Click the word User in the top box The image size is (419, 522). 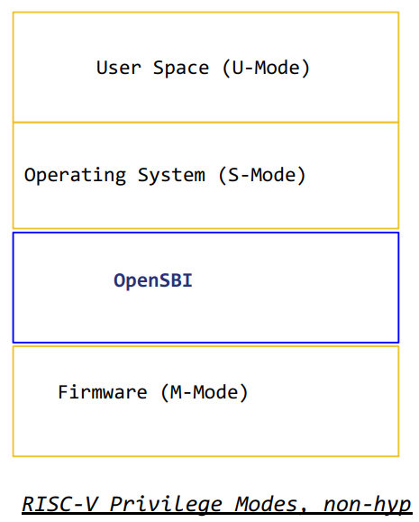click(119, 68)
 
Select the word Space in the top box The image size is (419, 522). click(181, 69)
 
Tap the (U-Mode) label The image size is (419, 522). click(266, 69)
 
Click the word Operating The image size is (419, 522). click(75, 176)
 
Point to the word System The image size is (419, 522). click(171, 176)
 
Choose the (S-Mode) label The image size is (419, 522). click(262, 175)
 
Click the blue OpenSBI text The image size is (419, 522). click(153, 280)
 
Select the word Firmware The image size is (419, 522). click(103, 392)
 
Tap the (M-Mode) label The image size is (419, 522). click(205, 392)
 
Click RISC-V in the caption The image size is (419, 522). click(59, 504)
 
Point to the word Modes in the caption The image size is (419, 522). click(265, 504)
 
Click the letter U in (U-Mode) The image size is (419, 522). click(238, 68)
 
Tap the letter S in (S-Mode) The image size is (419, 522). click(233, 175)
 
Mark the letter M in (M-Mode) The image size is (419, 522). click(176, 392)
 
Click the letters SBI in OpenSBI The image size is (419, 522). click(176, 280)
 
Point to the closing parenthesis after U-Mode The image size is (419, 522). click(305, 69)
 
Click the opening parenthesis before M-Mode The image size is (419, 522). click(165, 393)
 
